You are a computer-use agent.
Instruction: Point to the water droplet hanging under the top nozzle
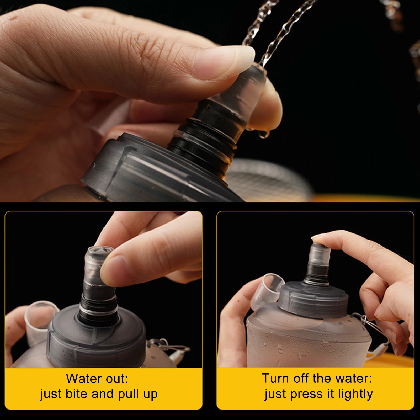[263, 134]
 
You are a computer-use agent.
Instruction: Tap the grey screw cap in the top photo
[147, 168]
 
